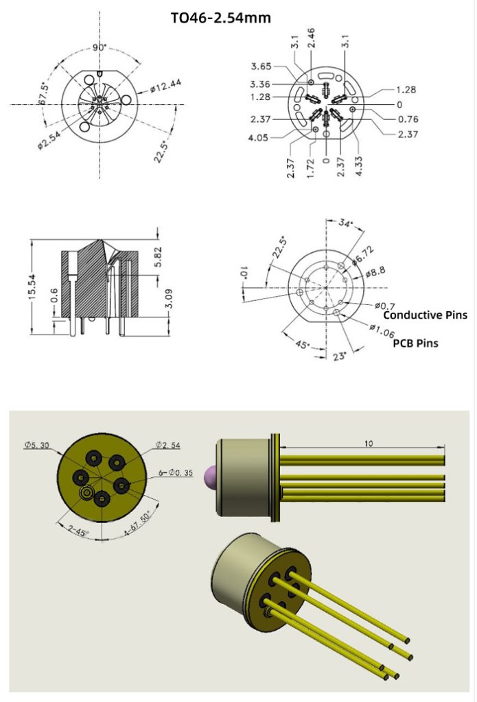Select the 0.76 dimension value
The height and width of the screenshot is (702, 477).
[x=408, y=119]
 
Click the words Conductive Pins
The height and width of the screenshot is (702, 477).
[x=425, y=315]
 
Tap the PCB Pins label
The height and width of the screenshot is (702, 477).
[x=415, y=343]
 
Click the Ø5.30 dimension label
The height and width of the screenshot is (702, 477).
[x=36, y=445]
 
